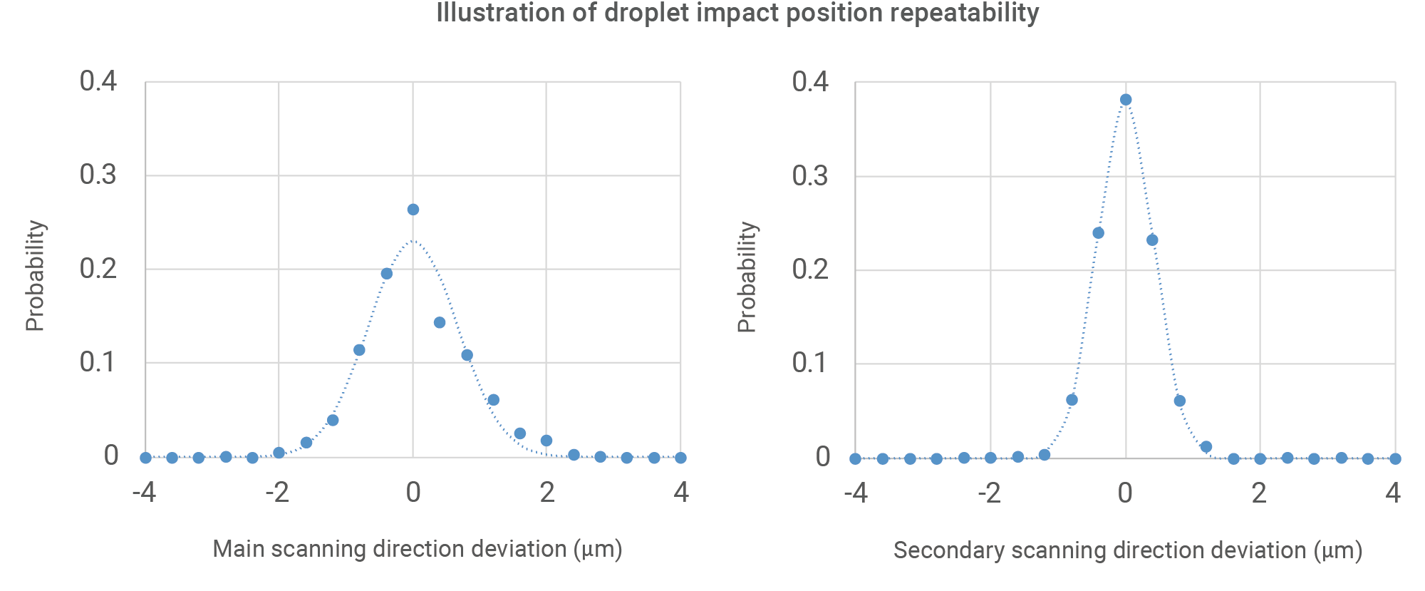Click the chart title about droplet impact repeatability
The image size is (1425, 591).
[x=737, y=13]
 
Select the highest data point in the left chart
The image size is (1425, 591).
[x=413, y=210]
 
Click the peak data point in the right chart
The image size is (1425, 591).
[x=1126, y=100]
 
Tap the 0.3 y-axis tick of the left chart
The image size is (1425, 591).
[x=98, y=175]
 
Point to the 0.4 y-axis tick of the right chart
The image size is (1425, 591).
[x=810, y=82]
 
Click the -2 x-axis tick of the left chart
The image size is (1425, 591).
[x=277, y=493]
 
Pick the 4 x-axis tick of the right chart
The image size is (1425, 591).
[x=1393, y=493]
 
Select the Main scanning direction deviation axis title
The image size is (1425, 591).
[x=418, y=549]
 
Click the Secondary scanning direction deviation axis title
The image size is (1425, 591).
[x=1128, y=550]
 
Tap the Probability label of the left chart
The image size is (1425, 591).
[x=35, y=276]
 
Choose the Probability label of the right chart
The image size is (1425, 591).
[x=747, y=277]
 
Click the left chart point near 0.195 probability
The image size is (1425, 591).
[x=387, y=274]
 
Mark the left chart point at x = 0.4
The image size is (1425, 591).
[x=440, y=323]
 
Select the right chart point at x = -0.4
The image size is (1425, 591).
[x=1098, y=233]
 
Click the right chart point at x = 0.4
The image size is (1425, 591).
[x=1152, y=240]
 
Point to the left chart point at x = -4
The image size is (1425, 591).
[x=145, y=458]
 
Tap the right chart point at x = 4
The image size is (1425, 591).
[x=1395, y=459]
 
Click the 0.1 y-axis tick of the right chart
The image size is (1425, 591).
[x=810, y=364]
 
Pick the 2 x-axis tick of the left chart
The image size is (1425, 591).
[x=546, y=493]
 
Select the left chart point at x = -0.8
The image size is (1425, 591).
[x=359, y=350]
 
